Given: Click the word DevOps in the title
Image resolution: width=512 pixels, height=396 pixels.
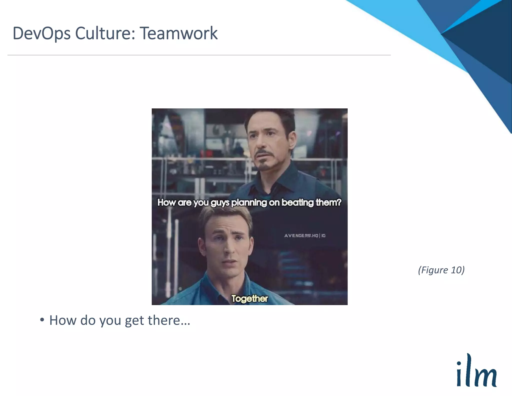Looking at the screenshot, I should (x=41, y=33).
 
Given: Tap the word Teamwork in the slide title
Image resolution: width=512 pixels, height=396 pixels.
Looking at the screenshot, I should (x=178, y=33).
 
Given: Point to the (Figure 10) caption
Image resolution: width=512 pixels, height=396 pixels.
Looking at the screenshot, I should (x=441, y=270).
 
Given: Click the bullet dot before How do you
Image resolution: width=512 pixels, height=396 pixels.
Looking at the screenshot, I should (x=42, y=320).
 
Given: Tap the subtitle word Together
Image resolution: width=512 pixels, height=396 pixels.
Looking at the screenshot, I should (x=249, y=298).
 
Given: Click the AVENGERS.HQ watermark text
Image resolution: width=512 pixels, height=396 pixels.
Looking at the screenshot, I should (x=301, y=236).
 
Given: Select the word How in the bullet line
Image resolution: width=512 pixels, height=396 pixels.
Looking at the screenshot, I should (x=63, y=320).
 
